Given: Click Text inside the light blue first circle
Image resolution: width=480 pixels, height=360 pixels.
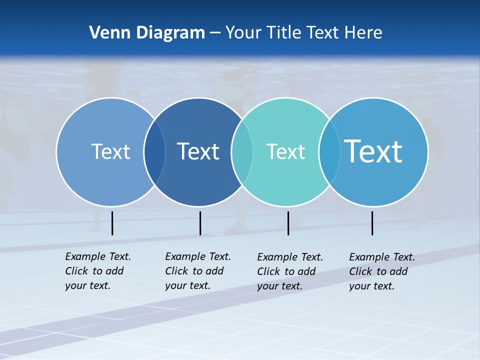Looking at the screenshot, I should click(x=110, y=151).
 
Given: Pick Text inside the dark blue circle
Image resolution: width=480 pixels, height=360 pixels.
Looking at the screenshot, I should click(x=198, y=151).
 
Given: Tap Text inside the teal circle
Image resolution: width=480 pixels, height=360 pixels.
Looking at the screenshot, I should click(x=285, y=151).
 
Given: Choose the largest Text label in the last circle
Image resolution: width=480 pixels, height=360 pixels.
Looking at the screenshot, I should click(x=373, y=151).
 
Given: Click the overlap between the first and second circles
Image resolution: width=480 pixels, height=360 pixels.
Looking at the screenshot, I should click(x=154, y=152).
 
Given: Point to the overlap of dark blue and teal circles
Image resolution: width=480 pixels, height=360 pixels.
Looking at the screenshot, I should click(x=242, y=152).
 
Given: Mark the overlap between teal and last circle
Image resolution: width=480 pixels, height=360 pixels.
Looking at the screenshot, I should click(x=329, y=152).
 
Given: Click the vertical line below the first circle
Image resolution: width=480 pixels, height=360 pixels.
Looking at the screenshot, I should click(x=112, y=223).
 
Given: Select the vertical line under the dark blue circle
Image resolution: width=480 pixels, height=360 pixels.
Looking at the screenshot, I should click(x=200, y=223).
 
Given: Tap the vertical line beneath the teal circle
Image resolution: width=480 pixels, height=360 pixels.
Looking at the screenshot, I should click(x=288, y=223).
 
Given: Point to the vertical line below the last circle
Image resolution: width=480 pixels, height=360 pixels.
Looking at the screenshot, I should click(x=372, y=223).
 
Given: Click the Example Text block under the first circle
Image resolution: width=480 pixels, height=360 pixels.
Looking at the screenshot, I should click(x=98, y=271).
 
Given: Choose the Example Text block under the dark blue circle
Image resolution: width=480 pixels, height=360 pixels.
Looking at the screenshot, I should click(x=198, y=271).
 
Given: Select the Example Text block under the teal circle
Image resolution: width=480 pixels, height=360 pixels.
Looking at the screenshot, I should click(x=290, y=271).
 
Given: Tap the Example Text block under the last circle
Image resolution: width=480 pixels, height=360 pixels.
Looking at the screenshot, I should click(x=382, y=271).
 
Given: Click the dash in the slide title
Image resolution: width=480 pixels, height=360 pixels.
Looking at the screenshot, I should click(x=215, y=33).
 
